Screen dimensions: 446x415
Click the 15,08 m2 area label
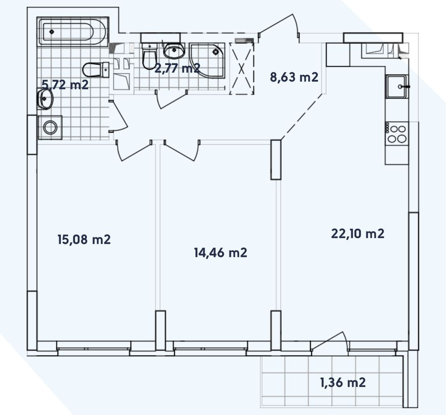tap(84, 239)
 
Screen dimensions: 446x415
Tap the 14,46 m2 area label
tap(220, 253)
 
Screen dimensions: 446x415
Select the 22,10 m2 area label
tap(358, 234)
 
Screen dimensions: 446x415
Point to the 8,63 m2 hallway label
tap(294, 77)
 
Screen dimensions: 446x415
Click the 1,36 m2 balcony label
tap(343, 382)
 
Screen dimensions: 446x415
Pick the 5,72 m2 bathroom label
tap(65, 84)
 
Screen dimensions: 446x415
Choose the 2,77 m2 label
tap(177, 68)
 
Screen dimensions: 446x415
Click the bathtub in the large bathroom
tap(73, 31)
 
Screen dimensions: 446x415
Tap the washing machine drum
tap(50, 127)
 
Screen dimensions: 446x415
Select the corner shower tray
tap(207, 61)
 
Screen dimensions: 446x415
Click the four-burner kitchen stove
tap(397, 134)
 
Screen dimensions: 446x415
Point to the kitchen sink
tap(396, 86)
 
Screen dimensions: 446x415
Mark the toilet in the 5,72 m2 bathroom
tap(95, 70)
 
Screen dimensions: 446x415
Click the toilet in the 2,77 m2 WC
tap(149, 56)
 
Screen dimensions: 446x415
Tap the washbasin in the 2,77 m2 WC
tap(174, 50)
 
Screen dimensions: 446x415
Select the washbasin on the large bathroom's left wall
tap(45, 99)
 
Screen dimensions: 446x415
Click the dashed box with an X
tap(241, 68)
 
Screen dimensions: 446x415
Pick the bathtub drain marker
tap(51, 32)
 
